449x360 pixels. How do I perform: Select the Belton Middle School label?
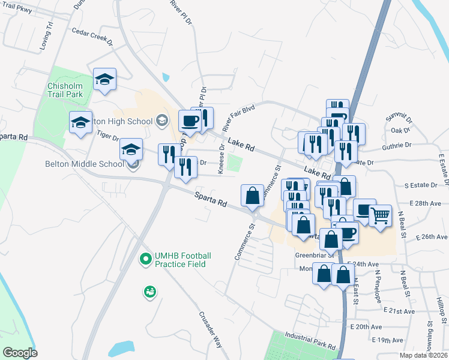[x=85, y=163]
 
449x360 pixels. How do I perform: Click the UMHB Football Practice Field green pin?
[x=145, y=260]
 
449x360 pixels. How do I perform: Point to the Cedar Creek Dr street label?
[x=92, y=37]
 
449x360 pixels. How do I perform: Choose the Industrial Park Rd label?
[x=310, y=341]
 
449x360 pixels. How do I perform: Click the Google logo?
[x=20, y=352]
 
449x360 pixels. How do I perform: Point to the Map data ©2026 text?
[x=423, y=355]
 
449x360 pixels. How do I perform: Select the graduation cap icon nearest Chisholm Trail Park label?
[x=104, y=79]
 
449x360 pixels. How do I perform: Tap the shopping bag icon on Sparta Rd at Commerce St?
[x=253, y=195]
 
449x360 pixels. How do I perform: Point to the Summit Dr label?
[x=400, y=119]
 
